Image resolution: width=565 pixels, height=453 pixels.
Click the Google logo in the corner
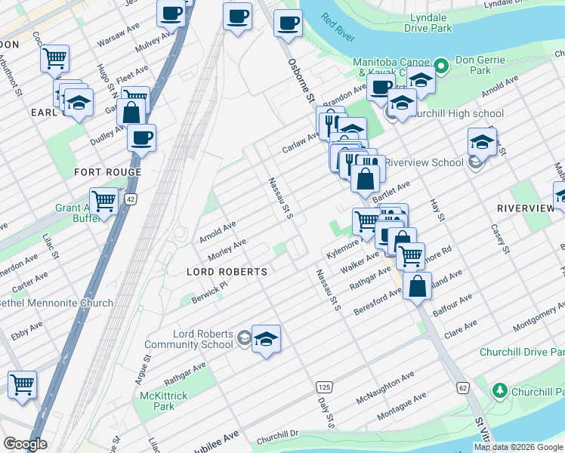[25, 444]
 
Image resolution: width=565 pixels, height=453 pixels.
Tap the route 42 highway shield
[131, 199]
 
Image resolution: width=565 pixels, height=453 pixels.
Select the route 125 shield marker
[323, 386]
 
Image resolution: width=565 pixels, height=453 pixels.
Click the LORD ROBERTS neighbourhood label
[227, 271]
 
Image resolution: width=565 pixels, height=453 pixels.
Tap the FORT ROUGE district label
[107, 172]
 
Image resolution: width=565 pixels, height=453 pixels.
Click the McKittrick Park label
[158, 401]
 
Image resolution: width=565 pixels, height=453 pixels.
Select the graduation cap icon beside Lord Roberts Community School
[266, 340]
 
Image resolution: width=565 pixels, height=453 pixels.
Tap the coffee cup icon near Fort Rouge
[141, 137]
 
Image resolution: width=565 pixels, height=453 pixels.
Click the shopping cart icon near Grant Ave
[103, 201]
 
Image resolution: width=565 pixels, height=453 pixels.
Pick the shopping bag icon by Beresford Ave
[417, 287]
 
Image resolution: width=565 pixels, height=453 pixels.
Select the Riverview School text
[424, 162]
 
